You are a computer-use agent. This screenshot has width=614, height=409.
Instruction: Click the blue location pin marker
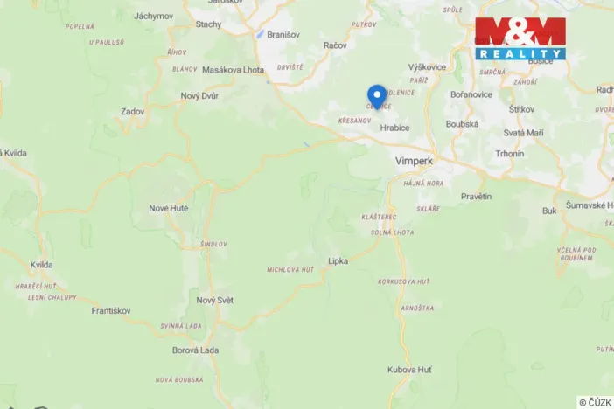click(x=377, y=95)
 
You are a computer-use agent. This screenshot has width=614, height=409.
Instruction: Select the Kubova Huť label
click(x=409, y=370)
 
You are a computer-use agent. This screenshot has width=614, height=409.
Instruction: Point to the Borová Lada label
click(x=196, y=350)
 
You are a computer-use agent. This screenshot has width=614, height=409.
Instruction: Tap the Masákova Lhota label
click(x=233, y=69)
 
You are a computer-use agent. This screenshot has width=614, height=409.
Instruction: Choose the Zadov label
click(x=133, y=112)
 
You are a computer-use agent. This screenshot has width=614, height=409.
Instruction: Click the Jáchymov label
click(x=154, y=16)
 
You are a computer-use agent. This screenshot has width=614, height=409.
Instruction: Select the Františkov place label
click(x=111, y=310)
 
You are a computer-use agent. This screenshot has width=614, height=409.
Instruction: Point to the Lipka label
click(x=338, y=260)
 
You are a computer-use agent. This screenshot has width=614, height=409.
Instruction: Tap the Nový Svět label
click(x=214, y=300)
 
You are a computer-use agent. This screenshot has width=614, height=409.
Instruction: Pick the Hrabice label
click(x=394, y=127)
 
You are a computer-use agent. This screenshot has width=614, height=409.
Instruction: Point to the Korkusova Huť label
click(x=403, y=282)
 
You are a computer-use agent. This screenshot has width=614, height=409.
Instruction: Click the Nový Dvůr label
click(x=199, y=96)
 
